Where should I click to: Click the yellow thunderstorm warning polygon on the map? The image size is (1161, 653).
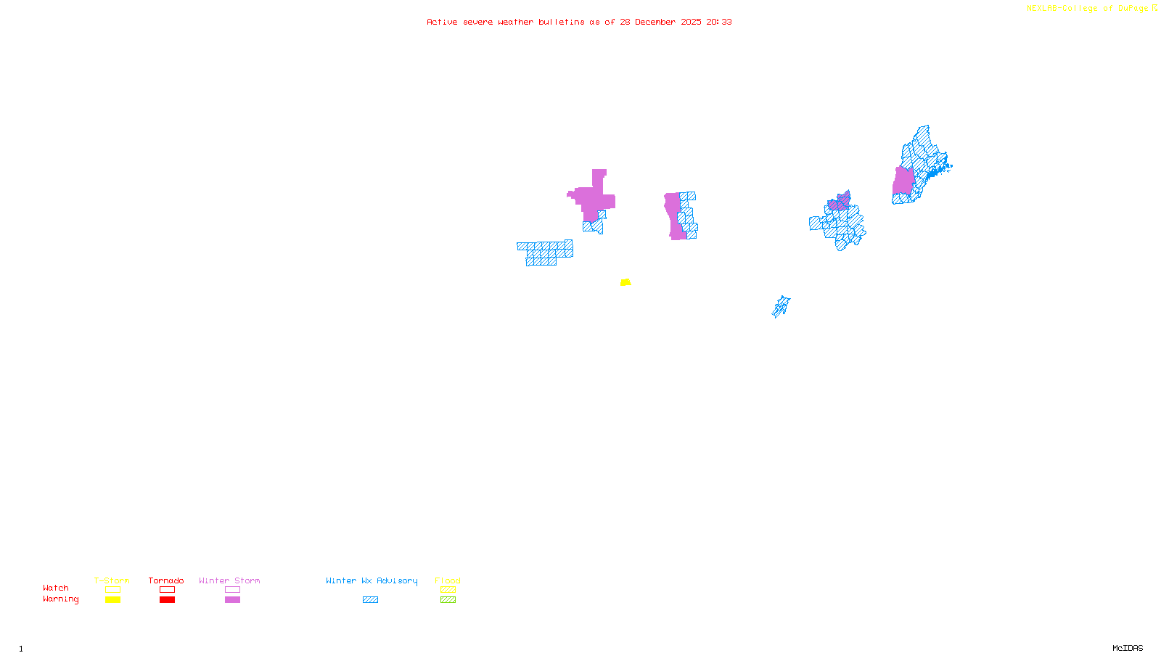pos(625,282)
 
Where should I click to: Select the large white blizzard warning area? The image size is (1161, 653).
pos(551,226)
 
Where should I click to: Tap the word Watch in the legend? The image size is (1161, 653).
pos(56,588)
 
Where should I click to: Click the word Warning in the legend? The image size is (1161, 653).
pos(61,599)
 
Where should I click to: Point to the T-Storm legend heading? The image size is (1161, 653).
pos(112,580)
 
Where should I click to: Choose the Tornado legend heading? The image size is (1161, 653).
pos(166,580)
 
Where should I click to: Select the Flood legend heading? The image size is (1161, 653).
pos(448,580)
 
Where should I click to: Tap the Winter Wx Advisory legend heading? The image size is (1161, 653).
pos(372,580)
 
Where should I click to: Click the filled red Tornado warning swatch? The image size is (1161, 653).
pos(167,600)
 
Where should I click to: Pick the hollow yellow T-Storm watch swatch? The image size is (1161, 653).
pos(112,590)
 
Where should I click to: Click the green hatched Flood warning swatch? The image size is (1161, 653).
pos(448,600)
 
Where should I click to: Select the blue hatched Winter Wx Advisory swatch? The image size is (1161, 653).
pos(370,600)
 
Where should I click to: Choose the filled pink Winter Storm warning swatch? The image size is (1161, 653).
pos(232,600)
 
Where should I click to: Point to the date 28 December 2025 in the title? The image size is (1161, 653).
pos(660,22)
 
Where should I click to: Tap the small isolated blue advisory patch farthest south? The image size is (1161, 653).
pos(781,307)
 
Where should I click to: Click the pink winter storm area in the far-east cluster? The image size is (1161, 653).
pos(903,181)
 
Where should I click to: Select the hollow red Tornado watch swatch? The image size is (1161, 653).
pos(167,590)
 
